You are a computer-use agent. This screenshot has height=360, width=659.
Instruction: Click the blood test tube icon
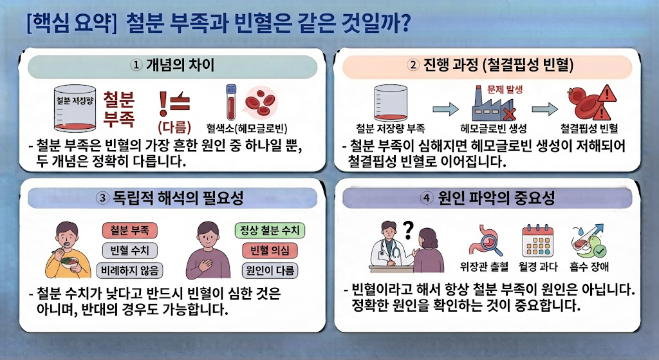[231, 102]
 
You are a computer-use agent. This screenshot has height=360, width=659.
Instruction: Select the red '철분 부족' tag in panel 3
[129, 231]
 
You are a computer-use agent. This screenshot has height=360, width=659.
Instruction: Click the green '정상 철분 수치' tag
[270, 231]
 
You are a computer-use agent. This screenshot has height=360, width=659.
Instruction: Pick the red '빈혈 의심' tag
[270, 251]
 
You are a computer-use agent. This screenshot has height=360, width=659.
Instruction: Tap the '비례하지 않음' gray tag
[129, 270]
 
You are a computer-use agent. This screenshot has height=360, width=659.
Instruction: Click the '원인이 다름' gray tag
[270, 270]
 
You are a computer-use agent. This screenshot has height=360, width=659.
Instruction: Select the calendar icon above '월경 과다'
[537, 241]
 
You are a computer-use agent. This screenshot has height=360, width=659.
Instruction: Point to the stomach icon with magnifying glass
[486, 241]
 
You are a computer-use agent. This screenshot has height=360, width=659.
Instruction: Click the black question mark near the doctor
[407, 230]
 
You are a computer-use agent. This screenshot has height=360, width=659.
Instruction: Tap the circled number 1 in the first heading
[136, 65]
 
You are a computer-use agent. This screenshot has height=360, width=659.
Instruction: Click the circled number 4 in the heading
[427, 198]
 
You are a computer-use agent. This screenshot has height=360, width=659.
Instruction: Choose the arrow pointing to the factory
[445, 108]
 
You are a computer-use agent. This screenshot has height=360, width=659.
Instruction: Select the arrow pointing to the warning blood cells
[544, 109]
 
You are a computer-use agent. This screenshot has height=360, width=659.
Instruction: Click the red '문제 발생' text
[505, 90]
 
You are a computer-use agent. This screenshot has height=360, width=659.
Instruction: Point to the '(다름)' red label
[174, 127]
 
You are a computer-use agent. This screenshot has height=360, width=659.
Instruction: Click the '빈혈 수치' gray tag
[129, 251]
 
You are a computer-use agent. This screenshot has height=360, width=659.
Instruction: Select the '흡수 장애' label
[589, 267]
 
